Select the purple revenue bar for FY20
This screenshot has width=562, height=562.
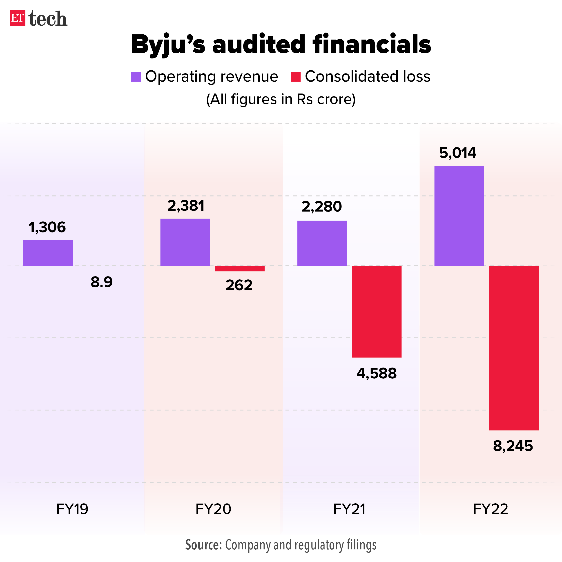click(x=185, y=242)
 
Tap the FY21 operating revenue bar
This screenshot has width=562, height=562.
click(x=322, y=243)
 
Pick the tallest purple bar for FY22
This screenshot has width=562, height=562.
click(x=459, y=216)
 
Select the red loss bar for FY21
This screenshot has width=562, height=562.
click(x=377, y=312)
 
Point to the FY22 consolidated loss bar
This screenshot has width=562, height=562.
click(x=514, y=348)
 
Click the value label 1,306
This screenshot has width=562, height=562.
click(x=47, y=227)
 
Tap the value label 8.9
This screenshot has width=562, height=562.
click(x=102, y=282)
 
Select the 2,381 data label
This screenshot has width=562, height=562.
click(x=186, y=206)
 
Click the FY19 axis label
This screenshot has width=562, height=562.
click(x=72, y=509)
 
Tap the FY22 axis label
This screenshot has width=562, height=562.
click(x=491, y=509)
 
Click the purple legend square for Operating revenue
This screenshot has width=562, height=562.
click(x=136, y=77)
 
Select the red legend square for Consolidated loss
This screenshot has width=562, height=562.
click(x=296, y=77)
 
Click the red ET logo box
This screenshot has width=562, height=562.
click(x=18, y=18)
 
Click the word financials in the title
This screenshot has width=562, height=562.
click(x=371, y=44)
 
